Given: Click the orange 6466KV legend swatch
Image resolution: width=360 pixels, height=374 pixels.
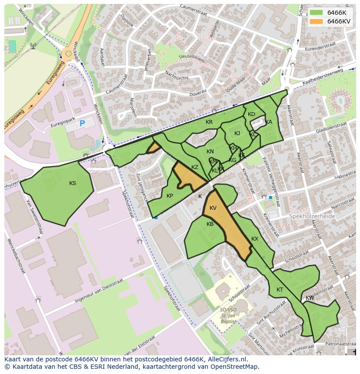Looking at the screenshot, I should pyautogui.click(x=317, y=21).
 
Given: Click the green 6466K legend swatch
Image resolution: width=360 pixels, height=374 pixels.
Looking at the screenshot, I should pyautogui.click(x=317, y=13).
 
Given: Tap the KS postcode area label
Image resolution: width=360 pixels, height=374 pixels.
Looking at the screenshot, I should pyautogui.click(x=73, y=183).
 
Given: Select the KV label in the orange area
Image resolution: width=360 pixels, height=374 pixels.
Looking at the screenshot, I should pyautogui.click(x=213, y=208).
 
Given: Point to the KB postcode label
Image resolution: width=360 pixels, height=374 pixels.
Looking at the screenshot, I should pyautogui.click(x=210, y=224).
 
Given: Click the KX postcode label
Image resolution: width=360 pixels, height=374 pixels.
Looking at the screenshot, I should pyautogui.click(x=255, y=239).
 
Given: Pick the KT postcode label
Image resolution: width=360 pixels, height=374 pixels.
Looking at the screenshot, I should pyautogui.click(x=280, y=290).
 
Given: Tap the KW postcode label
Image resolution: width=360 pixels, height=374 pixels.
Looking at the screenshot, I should pyautogui.click(x=310, y=298).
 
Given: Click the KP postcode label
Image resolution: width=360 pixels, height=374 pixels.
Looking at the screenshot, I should pyautogui.click(x=170, y=196).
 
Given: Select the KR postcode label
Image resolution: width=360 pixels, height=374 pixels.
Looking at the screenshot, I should pyautogui.click(x=209, y=122).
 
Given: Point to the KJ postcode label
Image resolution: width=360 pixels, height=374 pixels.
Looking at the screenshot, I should pyautogui.click(x=237, y=133).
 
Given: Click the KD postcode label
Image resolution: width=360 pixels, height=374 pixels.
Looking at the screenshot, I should pyautogui.click(x=251, y=114).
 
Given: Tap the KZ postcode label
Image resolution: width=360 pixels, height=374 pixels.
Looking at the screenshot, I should pyautogui.click(x=195, y=167).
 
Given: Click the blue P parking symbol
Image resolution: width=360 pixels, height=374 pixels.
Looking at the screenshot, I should pyautogui.click(x=82, y=124).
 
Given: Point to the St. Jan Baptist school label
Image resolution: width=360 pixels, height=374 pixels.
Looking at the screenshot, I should pyautogui.click(x=228, y=316).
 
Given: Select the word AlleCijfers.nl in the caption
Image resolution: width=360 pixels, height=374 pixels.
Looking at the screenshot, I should pyautogui.click(x=227, y=359).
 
